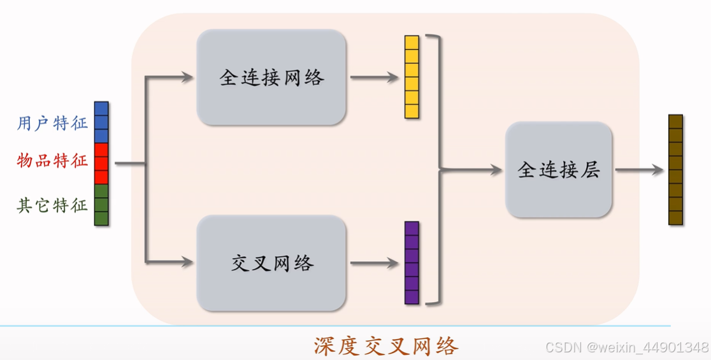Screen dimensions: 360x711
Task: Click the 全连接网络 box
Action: tap(271, 78)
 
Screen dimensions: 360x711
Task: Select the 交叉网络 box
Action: tap(271, 263)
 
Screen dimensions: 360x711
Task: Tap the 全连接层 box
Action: tap(558, 170)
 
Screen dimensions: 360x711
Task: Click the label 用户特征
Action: tap(52, 123)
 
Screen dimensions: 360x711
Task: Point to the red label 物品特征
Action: tap(52, 161)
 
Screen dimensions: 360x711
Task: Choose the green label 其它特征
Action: tap(52, 205)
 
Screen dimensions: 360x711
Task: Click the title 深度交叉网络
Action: tap(386, 346)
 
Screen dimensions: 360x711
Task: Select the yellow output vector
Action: tap(412, 77)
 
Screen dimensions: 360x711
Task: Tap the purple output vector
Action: tap(412, 263)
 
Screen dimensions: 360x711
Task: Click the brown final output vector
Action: tap(675, 169)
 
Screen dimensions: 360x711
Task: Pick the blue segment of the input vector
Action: tap(101, 122)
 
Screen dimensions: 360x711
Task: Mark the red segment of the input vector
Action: tap(101, 164)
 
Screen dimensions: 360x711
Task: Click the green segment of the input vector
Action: tap(101, 205)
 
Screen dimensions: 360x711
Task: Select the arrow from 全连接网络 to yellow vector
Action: tap(375, 78)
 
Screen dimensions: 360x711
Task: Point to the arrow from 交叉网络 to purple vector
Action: tap(375, 263)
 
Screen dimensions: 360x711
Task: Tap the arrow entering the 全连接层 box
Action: tap(471, 170)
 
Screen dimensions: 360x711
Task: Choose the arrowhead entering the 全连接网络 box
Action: tap(187, 78)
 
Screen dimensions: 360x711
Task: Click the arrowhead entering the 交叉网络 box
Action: tap(187, 261)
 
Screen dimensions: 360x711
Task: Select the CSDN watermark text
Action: tap(627, 347)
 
